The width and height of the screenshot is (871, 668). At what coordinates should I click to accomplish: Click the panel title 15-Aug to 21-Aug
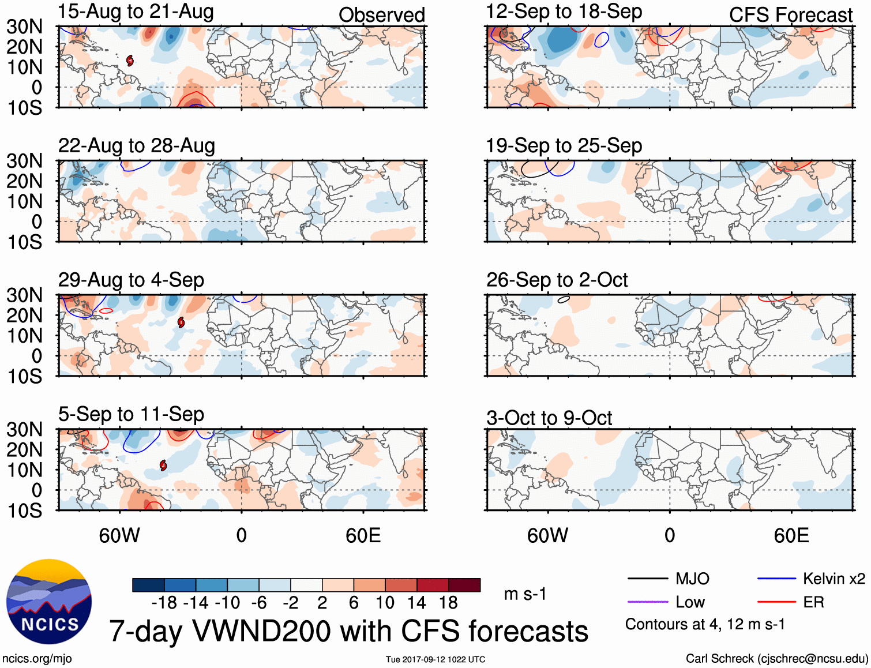click(x=136, y=12)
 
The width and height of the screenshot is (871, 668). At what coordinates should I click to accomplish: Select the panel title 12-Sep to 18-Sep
click(x=564, y=12)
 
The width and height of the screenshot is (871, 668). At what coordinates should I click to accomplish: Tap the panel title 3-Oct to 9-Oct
click(x=549, y=418)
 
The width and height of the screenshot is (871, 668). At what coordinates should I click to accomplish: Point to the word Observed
click(x=381, y=15)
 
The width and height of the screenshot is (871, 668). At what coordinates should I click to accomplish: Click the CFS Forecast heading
click(x=790, y=15)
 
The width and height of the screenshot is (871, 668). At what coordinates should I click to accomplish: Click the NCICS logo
click(x=49, y=602)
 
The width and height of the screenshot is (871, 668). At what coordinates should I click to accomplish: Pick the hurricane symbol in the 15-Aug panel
click(x=130, y=60)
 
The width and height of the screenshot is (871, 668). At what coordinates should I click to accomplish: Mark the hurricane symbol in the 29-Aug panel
click(x=181, y=322)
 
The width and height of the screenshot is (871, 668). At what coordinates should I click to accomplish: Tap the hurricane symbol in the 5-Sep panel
click(x=163, y=465)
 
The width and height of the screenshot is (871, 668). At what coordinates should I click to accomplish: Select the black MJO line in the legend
click(x=647, y=579)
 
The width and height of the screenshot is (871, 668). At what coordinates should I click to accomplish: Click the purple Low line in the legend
click(x=647, y=602)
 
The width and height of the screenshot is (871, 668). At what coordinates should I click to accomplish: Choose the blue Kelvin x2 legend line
click(x=776, y=579)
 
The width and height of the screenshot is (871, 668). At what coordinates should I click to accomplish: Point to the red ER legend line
click(x=776, y=602)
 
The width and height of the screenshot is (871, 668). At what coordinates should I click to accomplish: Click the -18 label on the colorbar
click(x=164, y=603)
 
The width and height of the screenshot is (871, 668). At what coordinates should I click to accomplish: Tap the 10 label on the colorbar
click(x=385, y=603)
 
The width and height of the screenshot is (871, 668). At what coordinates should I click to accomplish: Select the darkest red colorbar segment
click(x=464, y=585)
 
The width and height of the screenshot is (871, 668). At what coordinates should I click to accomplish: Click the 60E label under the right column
click(x=791, y=535)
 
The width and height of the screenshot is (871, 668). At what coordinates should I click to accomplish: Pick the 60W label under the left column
click(x=119, y=535)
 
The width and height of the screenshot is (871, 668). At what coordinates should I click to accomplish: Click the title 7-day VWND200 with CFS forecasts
click(x=348, y=631)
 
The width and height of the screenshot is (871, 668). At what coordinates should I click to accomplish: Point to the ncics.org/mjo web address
click(x=37, y=659)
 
